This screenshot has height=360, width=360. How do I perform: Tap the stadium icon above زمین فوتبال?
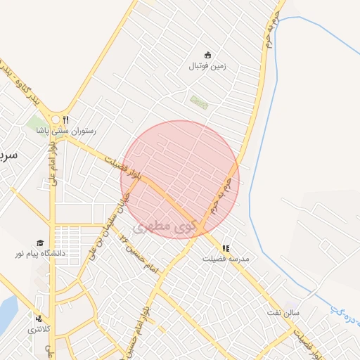pos(207,55)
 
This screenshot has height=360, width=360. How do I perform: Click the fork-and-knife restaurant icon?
pos(66,120)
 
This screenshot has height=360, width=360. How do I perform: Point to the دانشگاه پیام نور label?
pos(41,252)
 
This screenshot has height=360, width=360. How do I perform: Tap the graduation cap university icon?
pos(40,242)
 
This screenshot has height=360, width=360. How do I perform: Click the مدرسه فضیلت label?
pos(226,259)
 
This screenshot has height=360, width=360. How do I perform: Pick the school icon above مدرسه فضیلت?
pos(226,248)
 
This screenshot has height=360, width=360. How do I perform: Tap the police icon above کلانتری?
pos(38,319)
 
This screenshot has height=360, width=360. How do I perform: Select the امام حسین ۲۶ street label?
pos(137,251)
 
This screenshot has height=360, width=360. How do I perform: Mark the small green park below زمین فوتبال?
pos(199,102)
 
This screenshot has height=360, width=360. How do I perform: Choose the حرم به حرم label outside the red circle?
pos(273,28)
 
